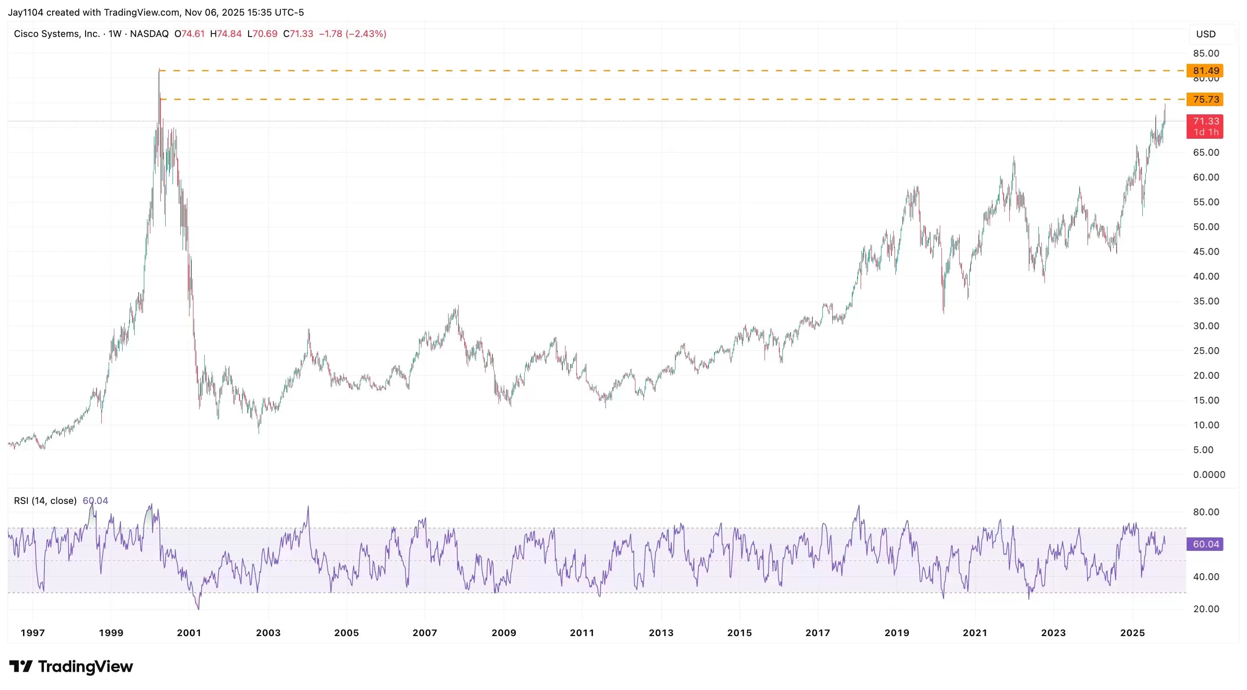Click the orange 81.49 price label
[x=1205, y=71]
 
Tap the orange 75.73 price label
[x=1205, y=99]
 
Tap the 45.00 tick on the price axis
[x=1206, y=251]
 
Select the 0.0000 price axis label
[x=1209, y=474]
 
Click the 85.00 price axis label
[x=1206, y=53]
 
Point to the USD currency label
[x=1205, y=34]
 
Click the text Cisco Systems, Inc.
[x=57, y=34]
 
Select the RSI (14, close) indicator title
[x=45, y=501]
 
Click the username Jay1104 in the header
[x=25, y=12]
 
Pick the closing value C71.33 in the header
[x=298, y=34]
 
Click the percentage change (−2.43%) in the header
[x=366, y=34]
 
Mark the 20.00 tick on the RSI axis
[x=1206, y=609]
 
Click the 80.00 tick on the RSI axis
[x=1206, y=512]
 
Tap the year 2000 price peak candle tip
[x=159, y=70]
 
